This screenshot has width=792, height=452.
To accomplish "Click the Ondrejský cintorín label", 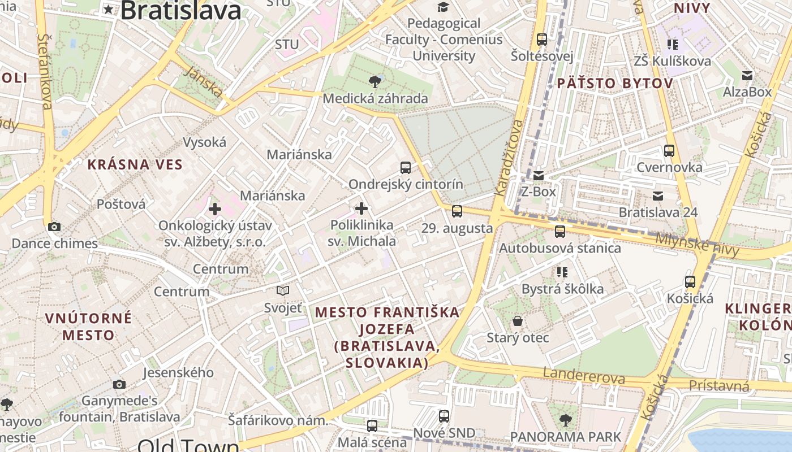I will tap(406, 185).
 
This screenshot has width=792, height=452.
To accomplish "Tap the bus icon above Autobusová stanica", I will tap(559, 231).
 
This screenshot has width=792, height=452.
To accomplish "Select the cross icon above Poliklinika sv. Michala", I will tap(361, 208).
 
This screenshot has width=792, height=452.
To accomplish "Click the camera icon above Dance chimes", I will tap(54, 227).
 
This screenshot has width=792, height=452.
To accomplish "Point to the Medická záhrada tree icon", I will tap(375, 82).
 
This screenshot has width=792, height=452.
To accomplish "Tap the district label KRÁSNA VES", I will tap(135, 165).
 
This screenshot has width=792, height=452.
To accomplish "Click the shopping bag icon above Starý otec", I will tap(518, 321).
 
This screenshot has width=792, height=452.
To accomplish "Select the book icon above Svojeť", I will tap(283, 291).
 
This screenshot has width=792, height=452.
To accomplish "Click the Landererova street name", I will tap(584, 375).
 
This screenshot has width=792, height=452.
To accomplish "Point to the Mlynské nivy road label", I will tap(697, 245).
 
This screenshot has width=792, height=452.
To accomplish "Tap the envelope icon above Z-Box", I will tap(538, 175).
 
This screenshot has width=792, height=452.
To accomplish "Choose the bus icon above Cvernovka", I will tap(669, 151).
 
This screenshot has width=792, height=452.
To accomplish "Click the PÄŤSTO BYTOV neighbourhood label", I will tap(615, 84).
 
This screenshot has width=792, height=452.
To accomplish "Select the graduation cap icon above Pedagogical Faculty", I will tap(442, 7).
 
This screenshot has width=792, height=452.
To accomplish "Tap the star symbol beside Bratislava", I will tap(109, 9).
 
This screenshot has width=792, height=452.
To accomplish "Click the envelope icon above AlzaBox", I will tap(747, 75).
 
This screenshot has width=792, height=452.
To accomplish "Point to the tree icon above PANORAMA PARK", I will tap(565, 420).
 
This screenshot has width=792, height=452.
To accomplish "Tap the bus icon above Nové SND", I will tap(444, 416).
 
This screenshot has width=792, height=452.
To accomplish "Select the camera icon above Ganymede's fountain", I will tap(119, 384).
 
